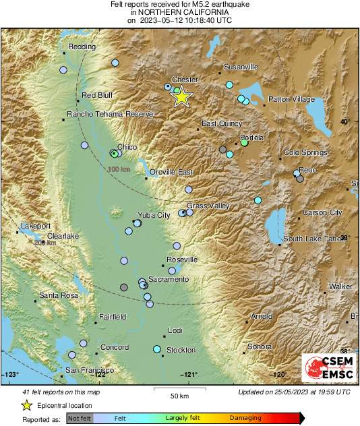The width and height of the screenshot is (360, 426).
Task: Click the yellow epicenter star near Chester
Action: (181, 97)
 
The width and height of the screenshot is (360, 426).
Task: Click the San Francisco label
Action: (88, 370)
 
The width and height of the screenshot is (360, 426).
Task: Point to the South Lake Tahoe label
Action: (313, 239)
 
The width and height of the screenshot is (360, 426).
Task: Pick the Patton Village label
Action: (291, 99)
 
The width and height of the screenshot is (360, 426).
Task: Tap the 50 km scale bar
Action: (179, 390)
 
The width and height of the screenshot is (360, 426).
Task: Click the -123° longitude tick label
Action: (11, 374)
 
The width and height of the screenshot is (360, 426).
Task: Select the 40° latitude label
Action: (344, 122)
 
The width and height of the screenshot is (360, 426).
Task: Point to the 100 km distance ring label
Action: (119, 169)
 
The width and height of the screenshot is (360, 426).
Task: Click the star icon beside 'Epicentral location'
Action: (26, 405)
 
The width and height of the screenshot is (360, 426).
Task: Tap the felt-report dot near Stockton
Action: (156, 349)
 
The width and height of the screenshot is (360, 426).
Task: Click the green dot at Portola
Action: (244, 143)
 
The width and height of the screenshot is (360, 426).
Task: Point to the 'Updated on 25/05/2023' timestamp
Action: (294, 392)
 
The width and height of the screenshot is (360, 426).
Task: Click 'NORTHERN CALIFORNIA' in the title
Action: (179, 13)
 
